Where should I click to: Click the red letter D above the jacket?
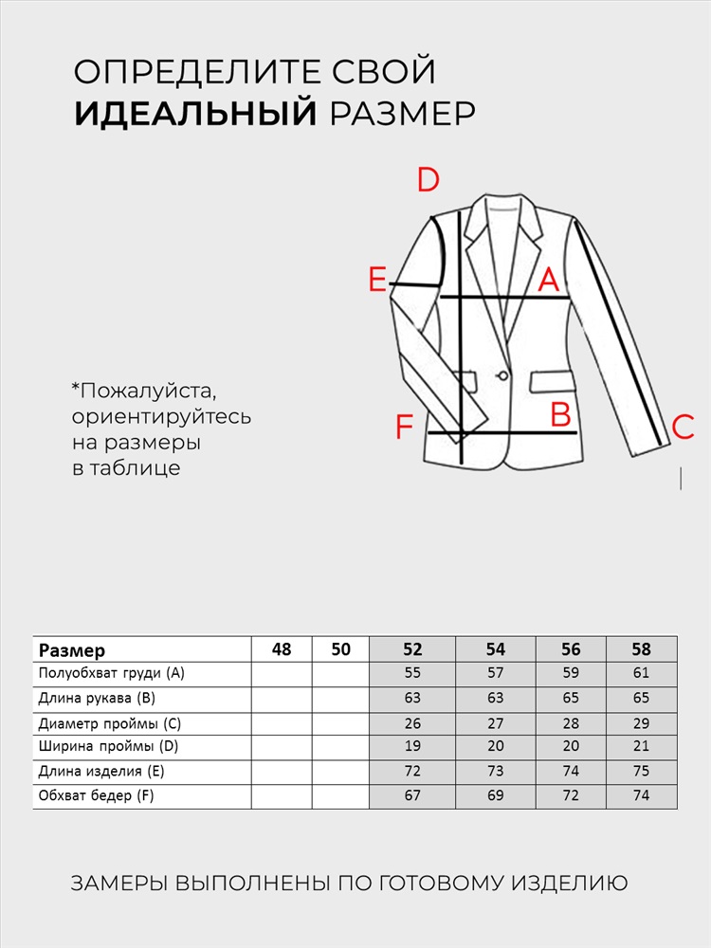coord(428,179)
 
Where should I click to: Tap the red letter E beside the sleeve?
coord(377,281)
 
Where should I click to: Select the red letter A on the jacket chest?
coord(549,281)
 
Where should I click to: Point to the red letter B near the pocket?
coord(560,414)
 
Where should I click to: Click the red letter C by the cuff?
coord(683,428)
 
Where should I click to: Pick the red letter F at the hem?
coord(405,428)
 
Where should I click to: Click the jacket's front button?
coord(502,376)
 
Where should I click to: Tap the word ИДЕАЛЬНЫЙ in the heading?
coord(195,114)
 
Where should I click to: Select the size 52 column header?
coord(412,649)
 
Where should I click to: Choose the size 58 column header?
coord(642,649)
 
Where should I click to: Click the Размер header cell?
coord(72,650)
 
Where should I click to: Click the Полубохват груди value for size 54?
coord(496,674)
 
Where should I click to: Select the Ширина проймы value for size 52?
coord(412,747)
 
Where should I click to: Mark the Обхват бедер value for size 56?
coord(571,795)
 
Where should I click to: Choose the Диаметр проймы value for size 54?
coord(496,723)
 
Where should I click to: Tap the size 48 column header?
coord(282,649)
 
